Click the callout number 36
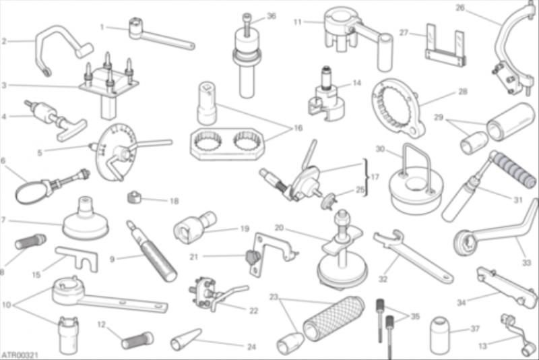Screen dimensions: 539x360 [272, 16]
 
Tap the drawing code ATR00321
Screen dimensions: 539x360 [20, 355]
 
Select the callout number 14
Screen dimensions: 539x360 [357, 83]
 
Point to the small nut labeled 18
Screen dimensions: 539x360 [134, 197]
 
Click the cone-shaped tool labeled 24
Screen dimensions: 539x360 [186, 340]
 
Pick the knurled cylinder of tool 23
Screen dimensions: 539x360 [334, 318]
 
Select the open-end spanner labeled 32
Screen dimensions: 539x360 [412, 256]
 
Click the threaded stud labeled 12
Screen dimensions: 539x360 [137, 340]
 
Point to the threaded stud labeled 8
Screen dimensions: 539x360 [30, 241]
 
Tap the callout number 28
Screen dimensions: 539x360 [463, 92]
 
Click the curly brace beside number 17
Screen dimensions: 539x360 [366, 177]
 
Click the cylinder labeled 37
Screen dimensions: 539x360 [439, 335]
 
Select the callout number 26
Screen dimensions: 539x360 [460, 7]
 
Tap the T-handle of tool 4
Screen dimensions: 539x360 [71, 131]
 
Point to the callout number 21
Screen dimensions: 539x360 [194, 257]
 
